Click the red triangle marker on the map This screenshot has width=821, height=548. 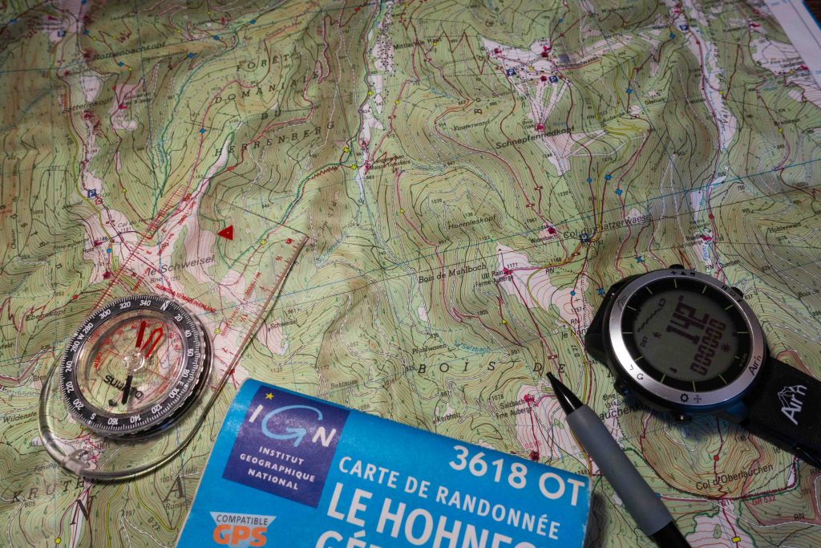(226, 233)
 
